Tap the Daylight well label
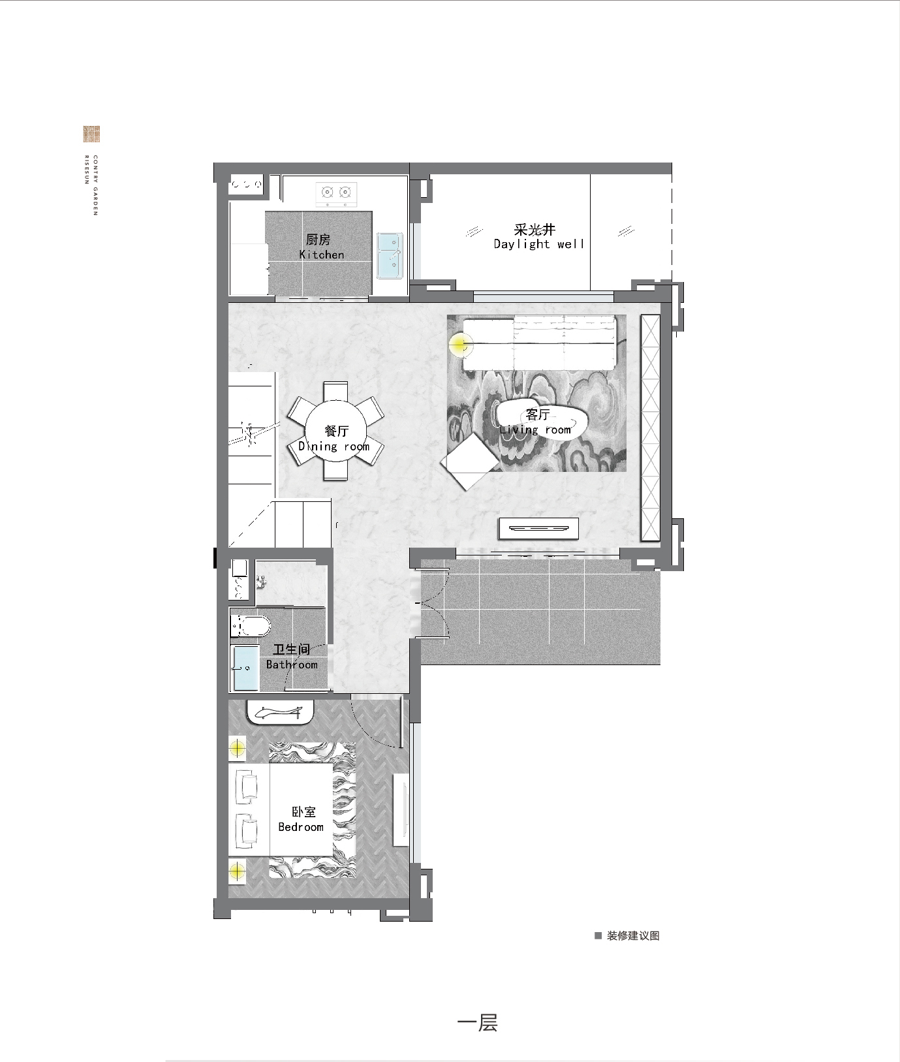coord(538,236)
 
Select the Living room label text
coord(536,422)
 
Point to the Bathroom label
coord(292,657)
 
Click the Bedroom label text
coord(301,819)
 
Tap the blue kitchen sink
coord(390,255)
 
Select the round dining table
coord(335,431)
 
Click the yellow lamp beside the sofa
coord(460,343)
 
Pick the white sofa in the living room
coord(540,342)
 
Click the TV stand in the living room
coord(538,528)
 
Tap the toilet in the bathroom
coord(250,625)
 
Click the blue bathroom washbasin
coord(246,668)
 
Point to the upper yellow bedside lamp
coord(237,747)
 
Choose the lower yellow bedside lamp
coord(237,871)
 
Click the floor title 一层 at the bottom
coord(478,1022)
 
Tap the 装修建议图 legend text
coord(633,935)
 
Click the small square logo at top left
coord(91,134)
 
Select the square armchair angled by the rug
coord(470,462)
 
